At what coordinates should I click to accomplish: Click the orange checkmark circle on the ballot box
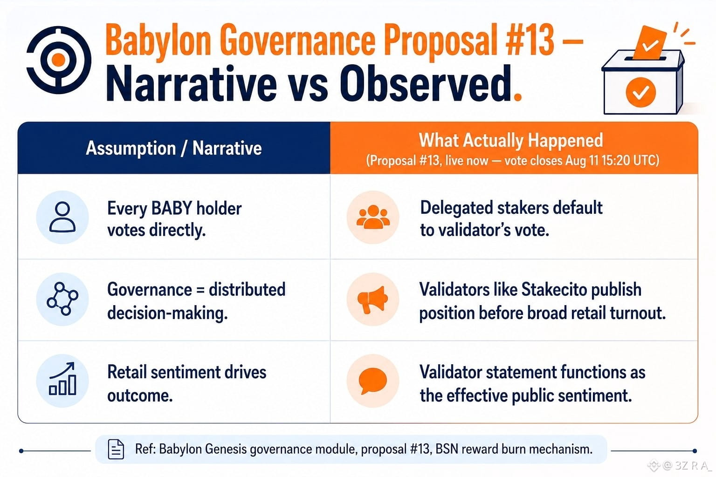(640, 92)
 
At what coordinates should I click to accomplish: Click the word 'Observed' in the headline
(425, 84)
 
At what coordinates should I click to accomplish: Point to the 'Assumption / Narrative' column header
(173, 148)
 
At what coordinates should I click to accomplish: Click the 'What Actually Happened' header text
(511, 141)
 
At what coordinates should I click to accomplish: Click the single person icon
(62, 217)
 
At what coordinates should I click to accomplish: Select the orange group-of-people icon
(373, 217)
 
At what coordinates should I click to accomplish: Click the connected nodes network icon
(62, 299)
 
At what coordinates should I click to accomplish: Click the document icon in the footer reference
(116, 450)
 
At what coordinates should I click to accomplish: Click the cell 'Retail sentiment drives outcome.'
(186, 384)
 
